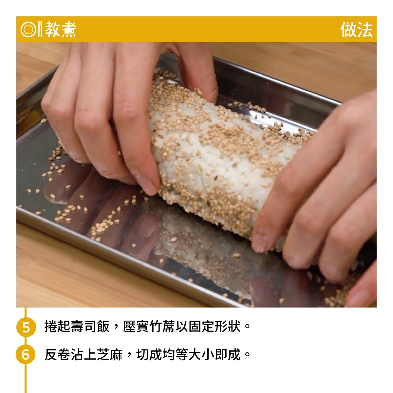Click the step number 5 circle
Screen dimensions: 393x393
click(x=26, y=327)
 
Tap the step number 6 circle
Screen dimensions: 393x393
click(x=26, y=354)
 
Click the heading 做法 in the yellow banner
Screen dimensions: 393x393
click(x=356, y=29)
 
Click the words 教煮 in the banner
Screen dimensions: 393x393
click(x=60, y=29)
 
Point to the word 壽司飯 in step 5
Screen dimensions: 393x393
click(x=90, y=327)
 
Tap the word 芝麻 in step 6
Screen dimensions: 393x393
click(x=109, y=354)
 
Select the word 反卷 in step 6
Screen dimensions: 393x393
click(x=57, y=354)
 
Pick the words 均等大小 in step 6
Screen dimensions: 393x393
click(x=188, y=354)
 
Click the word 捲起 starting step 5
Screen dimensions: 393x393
click(x=57, y=327)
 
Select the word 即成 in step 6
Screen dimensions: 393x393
click(x=228, y=354)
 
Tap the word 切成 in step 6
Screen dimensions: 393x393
click(x=149, y=354)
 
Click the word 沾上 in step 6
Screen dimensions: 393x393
click(x=84, y=354)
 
